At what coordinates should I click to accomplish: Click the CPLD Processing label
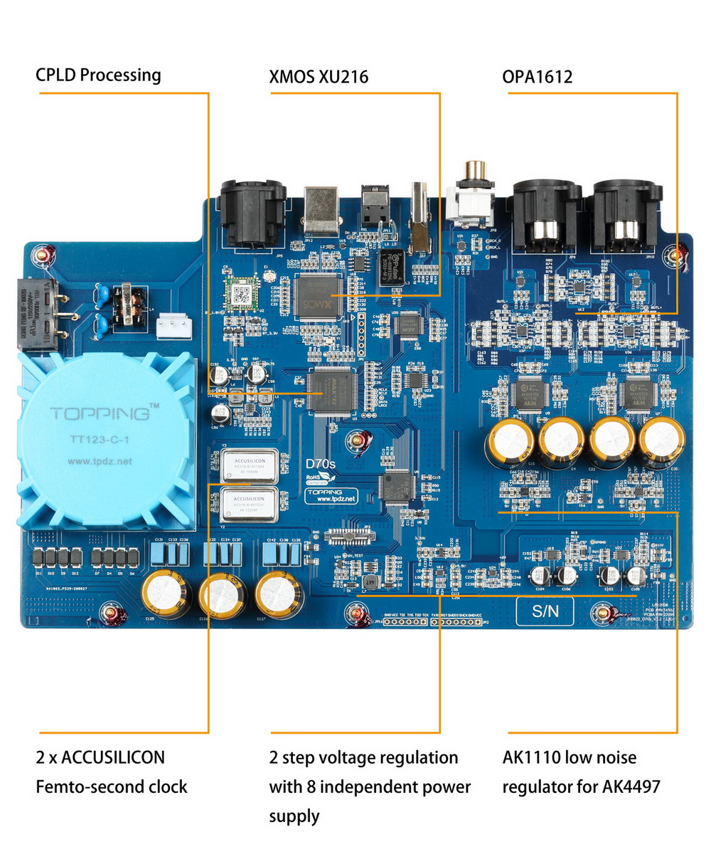pyautogui.click(x=99, y=75)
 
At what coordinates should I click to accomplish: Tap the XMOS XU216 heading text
pyautogui.click(x=319, y=76)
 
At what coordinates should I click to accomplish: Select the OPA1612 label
pyautogui.click(x=537, y=76)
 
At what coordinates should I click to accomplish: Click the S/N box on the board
pyautogui.click(x=545, y=611)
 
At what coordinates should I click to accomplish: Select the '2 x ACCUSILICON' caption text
pyautogui.click(x=100, y=757)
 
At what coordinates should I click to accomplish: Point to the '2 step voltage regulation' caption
pyautogui.click(x=363, y=757)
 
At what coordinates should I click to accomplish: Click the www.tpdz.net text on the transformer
pyautogui.click(x=100, y=461)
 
